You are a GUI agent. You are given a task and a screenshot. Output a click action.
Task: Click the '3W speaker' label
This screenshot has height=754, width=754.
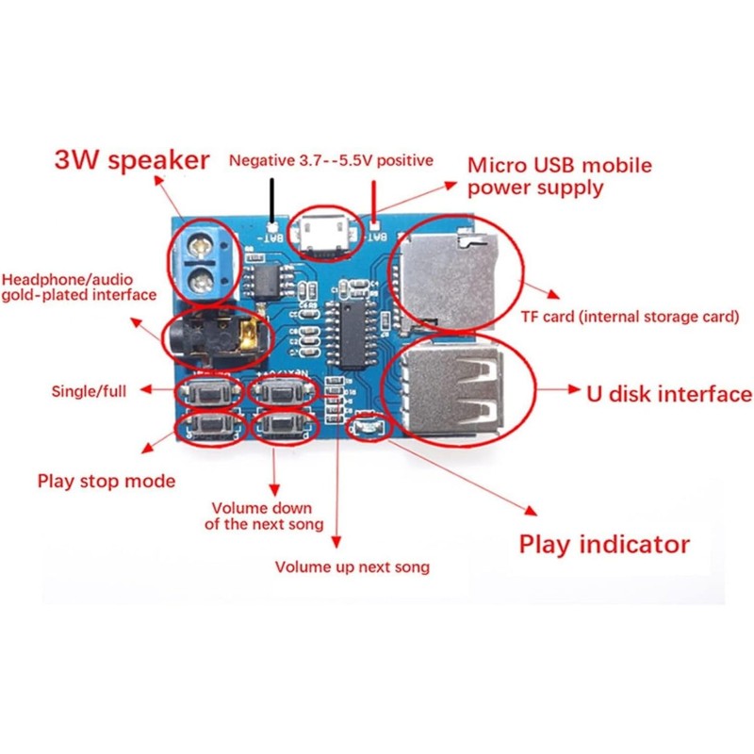[131, 160]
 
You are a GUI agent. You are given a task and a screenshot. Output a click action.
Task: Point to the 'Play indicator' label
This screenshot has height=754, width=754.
[604, 544]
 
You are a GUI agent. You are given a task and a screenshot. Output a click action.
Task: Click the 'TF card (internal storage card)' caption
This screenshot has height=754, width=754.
[631, 317]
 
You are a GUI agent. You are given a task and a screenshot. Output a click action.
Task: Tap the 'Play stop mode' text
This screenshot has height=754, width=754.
[107, 481]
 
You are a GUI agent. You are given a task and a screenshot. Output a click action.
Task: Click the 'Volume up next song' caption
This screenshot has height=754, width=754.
[352, 566]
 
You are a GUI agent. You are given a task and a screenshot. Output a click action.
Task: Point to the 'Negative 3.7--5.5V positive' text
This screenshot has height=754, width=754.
[331, 160]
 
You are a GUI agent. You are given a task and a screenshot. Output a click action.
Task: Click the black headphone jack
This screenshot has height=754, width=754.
[212, 336]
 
